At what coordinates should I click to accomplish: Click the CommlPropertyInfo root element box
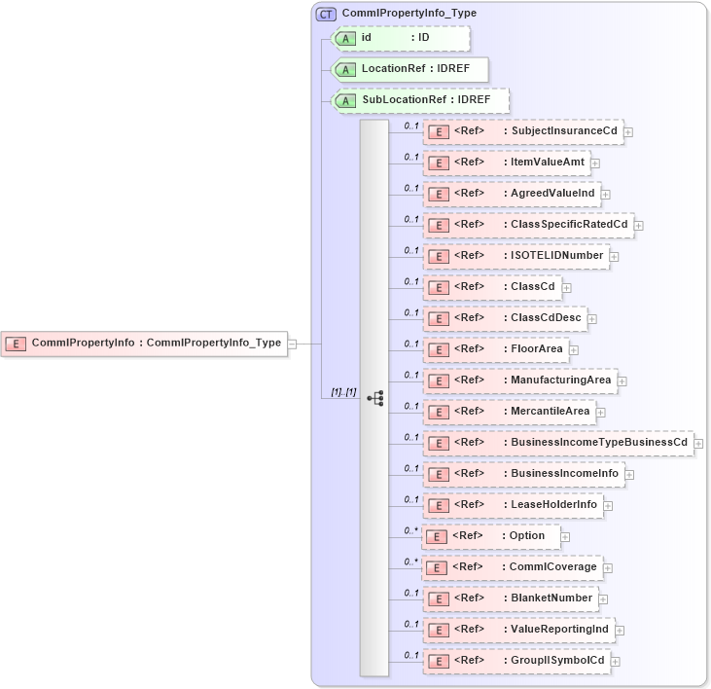click(144, 343)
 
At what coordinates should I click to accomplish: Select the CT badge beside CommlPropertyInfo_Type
click(326, 14)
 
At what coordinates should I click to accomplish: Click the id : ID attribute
click(400, 38)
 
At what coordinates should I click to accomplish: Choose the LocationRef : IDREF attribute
click(409, 69)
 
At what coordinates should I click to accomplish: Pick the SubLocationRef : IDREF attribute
click(420, 100)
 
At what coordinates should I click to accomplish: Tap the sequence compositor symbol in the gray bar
click(374, 398)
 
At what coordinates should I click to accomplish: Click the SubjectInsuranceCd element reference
click(523, 131)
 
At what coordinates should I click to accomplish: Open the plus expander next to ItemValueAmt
click(595, 163)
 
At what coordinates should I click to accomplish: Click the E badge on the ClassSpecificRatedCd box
click(439, 225)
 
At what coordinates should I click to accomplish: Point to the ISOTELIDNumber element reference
click(515, 256)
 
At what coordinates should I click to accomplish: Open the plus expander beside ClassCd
click(567, 288)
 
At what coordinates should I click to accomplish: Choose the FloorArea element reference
click(496, 349)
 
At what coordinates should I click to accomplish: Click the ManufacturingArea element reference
click(520, 381)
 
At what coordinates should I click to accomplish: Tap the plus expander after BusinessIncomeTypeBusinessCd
click(699, 444)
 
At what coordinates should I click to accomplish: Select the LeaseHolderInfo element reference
click(513, 505)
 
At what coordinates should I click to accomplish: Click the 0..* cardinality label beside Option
click(410, 530)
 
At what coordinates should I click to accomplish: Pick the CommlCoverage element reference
click(511, 567)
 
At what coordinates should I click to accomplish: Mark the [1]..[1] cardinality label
click(343, 392)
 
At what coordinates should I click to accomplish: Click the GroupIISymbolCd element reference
click(516, 661)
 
